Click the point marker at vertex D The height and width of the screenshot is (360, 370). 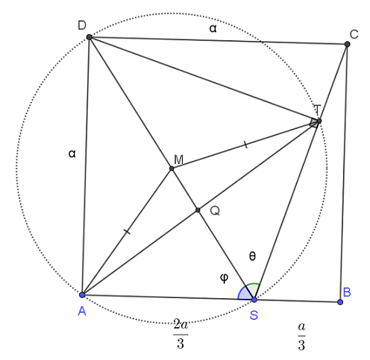pyautogui.click(x=89, y=37)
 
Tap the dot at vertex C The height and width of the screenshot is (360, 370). pyautogui.click(x=348, y=44)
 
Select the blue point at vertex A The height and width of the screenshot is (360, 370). pyautogui.click(x=82, y=295)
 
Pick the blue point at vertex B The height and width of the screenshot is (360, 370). pyautogui.click(x=340, y=302)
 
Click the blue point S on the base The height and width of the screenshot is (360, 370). pyautogui.click(x=254, y=300)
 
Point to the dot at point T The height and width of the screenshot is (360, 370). pyautogui.click(x=319, y=121)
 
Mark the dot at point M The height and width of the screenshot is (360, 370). pyautogui.click(x=172, y=168)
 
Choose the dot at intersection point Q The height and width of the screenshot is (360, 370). pyautogui.click(x=198, y=210)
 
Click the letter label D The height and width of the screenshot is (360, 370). pyautogui.click(x=82, y=25)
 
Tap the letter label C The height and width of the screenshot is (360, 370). pyautogui.click(x=354, y=34)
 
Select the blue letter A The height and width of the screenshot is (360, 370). pyautogui.click(x=82, y=311)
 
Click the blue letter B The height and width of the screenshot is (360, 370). pyautogui.click(x=347, y=292)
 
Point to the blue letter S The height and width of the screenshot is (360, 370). pyautogui.click(x=254, y=315)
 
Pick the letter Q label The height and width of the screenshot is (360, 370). pyautogui.click(x=215, y=211)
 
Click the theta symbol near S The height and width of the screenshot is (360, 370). pyautogui.click(x=252, y=256)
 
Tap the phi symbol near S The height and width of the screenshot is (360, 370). pyautogui.click(x=225, y=278)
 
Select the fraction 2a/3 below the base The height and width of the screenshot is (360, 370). pyautogui.click(x=181, y=334)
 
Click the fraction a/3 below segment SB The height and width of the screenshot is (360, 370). pyautogui.click(x=301, y=337)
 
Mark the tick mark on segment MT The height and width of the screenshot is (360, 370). pyautogui.click(x=245, y=145)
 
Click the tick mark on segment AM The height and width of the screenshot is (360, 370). pyautogui.click(x=127, y=232)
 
